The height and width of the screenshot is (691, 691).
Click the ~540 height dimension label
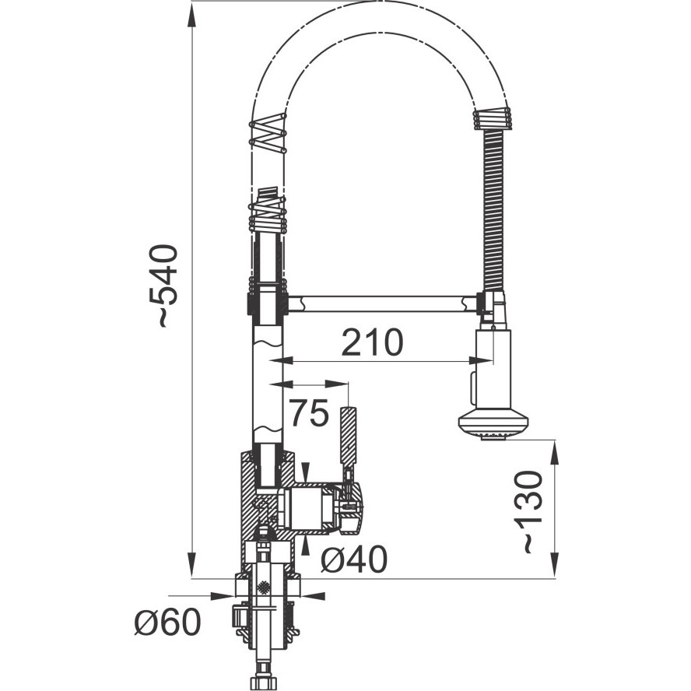click(164, 286)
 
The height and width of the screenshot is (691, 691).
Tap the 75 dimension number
click(310, 413)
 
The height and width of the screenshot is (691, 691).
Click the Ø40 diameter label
click(354, 559)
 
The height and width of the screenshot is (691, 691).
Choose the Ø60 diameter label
click(167, 622)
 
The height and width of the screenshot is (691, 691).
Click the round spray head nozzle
click(493, 426)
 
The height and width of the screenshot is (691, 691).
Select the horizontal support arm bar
click(381, 304)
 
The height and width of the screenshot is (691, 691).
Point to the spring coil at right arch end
click(492, 118)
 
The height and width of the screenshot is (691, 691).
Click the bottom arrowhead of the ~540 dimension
click(191, 563)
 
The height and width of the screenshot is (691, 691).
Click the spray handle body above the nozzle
click(493, 370)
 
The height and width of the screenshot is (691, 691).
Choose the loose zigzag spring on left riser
click(268, 134)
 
